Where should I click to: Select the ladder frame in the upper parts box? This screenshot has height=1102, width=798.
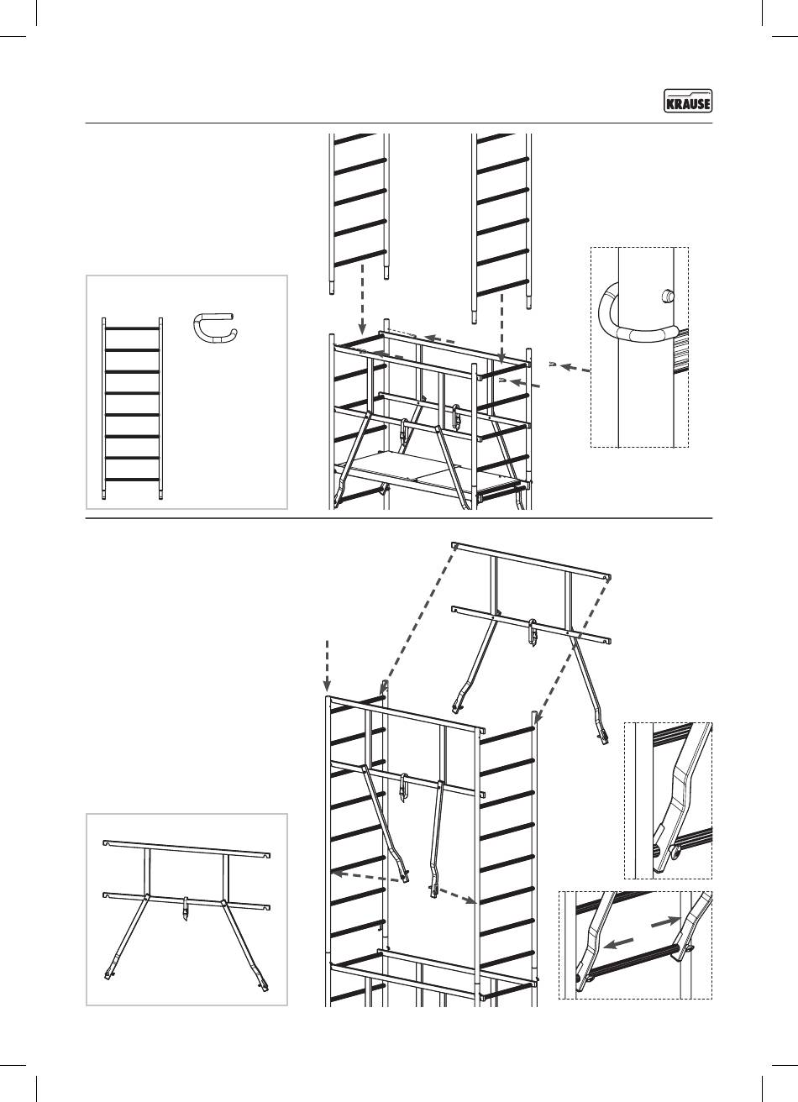pos(133,408)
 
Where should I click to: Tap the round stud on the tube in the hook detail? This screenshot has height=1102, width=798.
pos(667,296)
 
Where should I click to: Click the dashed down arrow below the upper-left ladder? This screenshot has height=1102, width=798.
pos(362,298)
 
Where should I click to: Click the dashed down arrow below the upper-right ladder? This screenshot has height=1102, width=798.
pos(501,328)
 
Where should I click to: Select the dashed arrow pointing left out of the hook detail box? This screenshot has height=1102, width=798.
pos(575,369)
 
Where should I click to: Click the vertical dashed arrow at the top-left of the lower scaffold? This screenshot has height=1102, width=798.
pos(328,665)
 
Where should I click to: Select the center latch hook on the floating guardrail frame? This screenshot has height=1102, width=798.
pos(532,631)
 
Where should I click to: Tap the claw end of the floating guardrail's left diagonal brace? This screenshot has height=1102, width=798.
pos(458,705)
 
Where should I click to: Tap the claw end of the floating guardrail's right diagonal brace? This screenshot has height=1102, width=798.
pos(601,737)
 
